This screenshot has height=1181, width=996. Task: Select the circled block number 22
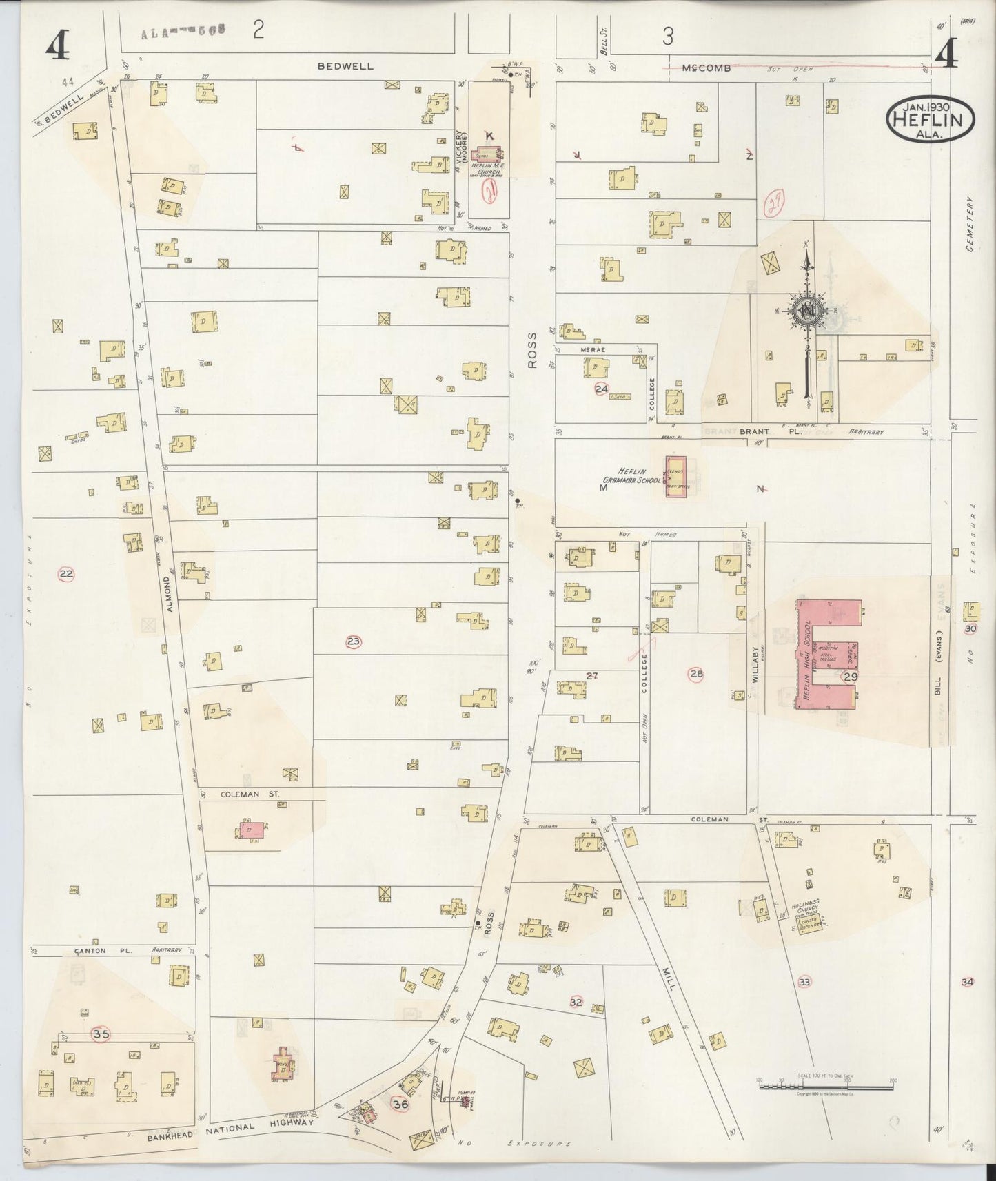pyautogui.click(x=66, y=574)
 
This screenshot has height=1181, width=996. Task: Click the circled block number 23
pyautogui.click(x=354, y=641)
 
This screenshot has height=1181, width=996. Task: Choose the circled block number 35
pyautogui.click(x=101, y=1034)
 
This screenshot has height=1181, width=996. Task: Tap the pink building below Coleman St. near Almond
pyautogui.click(x=252, y=830)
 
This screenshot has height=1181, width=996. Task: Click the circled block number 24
pyautogui.click(x=602, y=389)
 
